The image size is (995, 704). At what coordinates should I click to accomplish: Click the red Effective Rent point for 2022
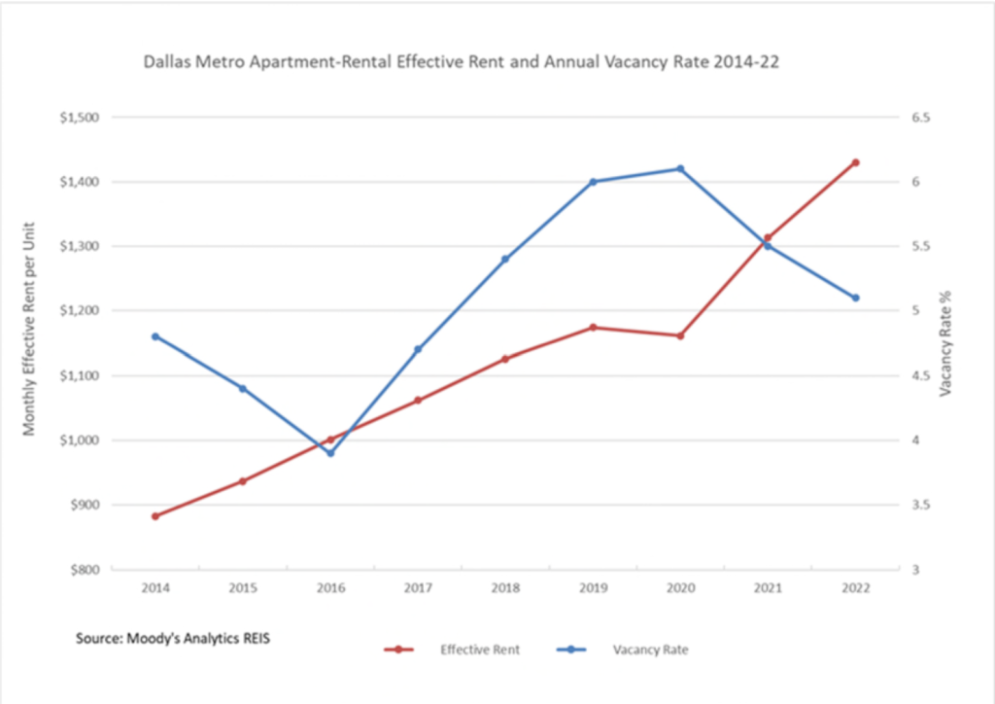tap(855, 162)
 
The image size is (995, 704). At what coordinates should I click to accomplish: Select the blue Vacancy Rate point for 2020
tap(680, 168)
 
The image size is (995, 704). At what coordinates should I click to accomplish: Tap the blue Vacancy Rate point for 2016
tap(330, 453)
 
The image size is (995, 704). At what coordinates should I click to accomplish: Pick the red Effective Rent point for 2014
tap(155, 516)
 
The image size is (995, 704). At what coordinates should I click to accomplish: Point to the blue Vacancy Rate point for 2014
tap(155, 336)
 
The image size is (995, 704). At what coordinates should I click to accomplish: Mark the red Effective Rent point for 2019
tap(593, 328)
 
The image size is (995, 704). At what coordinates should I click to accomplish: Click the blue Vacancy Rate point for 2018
tap(505, 259)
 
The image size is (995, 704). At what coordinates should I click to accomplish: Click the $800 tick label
tap(85, 570)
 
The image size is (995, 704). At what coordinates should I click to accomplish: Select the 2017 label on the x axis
tap(418, 588)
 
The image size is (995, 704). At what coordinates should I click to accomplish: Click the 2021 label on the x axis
tap(768, 588)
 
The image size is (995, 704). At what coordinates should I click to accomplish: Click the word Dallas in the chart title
tap(161, 62)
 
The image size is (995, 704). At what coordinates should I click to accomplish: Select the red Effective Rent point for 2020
tap(680, 335)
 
